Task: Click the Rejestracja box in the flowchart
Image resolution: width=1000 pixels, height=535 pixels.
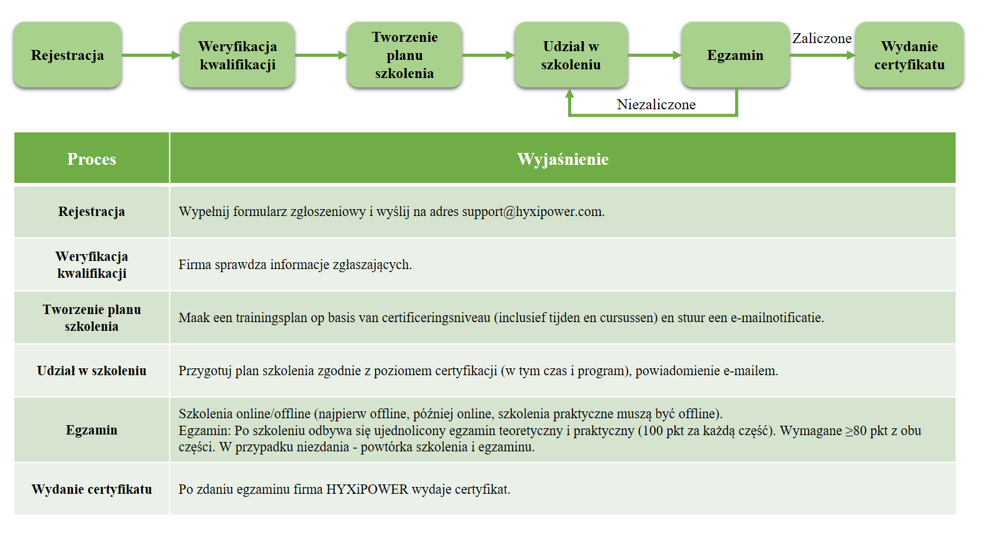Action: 67,55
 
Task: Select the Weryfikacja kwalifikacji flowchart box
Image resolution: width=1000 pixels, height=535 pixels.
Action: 237,55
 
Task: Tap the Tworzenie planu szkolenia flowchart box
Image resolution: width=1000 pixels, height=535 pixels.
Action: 404,55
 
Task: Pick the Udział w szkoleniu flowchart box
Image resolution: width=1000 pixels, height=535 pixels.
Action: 571,55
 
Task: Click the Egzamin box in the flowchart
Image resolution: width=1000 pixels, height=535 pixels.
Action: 735,55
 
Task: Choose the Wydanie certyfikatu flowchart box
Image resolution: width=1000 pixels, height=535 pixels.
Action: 909,55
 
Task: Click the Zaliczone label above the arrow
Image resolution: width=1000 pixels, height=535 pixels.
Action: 822,38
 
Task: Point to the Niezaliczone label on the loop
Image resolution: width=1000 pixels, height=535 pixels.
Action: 656,104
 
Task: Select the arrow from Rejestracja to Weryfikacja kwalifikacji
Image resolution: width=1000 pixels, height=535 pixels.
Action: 151,56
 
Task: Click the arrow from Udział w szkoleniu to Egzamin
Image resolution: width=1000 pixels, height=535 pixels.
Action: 654,56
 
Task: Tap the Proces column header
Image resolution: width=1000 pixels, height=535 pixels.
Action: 91,159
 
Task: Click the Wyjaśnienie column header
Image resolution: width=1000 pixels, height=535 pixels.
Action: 563,159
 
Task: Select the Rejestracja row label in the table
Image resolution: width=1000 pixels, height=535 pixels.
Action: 91,212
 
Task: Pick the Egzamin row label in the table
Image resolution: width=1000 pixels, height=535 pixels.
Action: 91,429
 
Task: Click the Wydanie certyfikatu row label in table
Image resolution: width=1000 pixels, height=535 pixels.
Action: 91,489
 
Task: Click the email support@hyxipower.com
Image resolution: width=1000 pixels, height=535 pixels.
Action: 533,212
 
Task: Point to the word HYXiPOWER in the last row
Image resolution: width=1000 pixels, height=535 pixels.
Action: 367,489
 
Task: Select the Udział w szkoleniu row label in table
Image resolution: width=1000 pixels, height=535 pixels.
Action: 91,370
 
